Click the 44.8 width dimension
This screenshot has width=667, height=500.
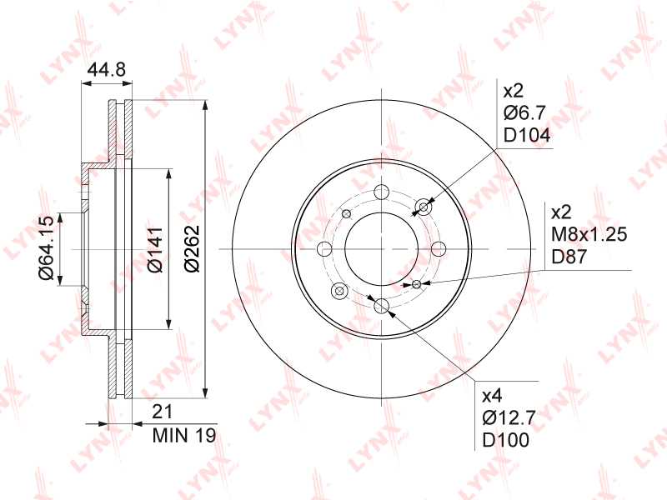pyautogui.click(x=106, y=70)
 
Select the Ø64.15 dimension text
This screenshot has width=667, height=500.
pyautogui.click(x=47, y=247)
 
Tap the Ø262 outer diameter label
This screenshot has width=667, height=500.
pyautogui.click(x=191, y=247)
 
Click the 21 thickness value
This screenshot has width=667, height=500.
pyautogui.click(x=163, y=412)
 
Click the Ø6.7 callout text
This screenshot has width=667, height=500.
pyautogui.click(x=524, y=113)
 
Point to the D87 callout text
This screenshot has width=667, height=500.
pyautogui.click(x=571, y=257)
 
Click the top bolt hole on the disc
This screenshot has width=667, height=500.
pyautogui.click(x=381, y=191)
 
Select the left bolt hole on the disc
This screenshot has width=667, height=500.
pyautogui.click(x=324, y=248)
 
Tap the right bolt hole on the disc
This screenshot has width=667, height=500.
pyautogui.click(x=439, y=248)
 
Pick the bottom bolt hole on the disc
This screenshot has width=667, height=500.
pyautogui.click(x=381, y=305)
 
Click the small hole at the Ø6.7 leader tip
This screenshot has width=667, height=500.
pyautogui.click(x=424, y=207)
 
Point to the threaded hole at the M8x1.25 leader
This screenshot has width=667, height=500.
pyautogui.click(x=416, y=284)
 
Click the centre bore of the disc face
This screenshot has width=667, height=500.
pyautogui.click(x=381, y=248)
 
